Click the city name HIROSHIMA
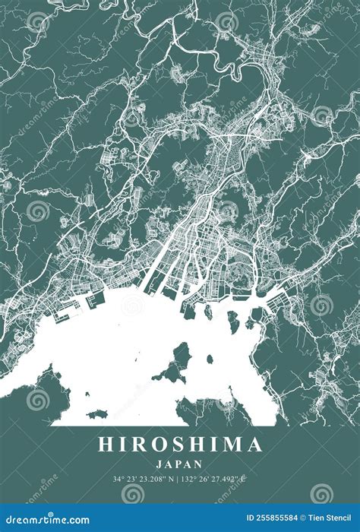tap(180, 445)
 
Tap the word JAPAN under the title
tap(180, 463)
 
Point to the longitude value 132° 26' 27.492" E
tap(217, 480)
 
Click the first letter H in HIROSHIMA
tap(105, 445)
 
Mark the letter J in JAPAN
tap(160, 463)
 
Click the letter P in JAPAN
tap(180, 463)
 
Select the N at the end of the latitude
tap(174, 480)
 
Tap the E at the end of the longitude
tap(247, 480)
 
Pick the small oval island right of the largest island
tap(210, 360)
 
